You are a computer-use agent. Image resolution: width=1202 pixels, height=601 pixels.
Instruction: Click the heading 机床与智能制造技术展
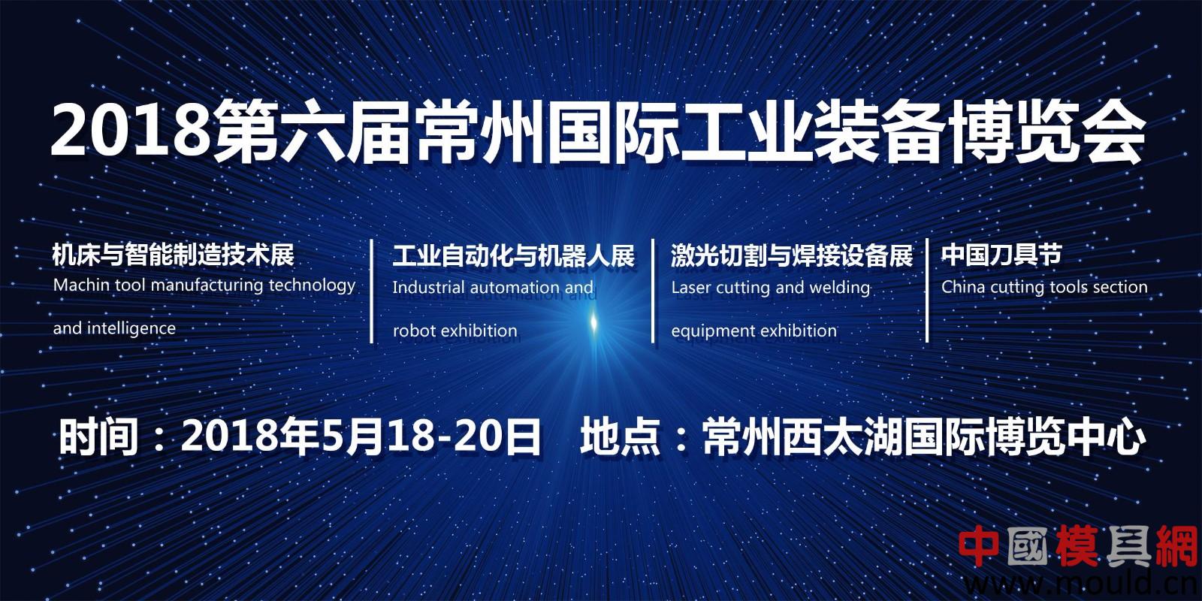pos(174,255)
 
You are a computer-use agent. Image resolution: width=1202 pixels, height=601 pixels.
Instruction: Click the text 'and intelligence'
pos(114,328)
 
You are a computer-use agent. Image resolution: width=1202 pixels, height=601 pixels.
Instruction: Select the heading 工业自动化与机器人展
pos(514,255)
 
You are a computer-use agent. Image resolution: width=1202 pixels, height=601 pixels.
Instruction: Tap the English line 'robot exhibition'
pos(455,331)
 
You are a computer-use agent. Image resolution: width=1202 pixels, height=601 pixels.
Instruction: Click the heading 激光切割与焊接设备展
pos(792,255)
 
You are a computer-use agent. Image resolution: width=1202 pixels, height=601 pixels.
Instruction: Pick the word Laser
pos(690,288)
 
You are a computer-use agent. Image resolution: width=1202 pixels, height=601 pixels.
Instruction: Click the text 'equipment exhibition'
pos(754,331)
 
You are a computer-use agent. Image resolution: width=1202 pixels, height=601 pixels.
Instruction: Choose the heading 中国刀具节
pos(1001,255)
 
